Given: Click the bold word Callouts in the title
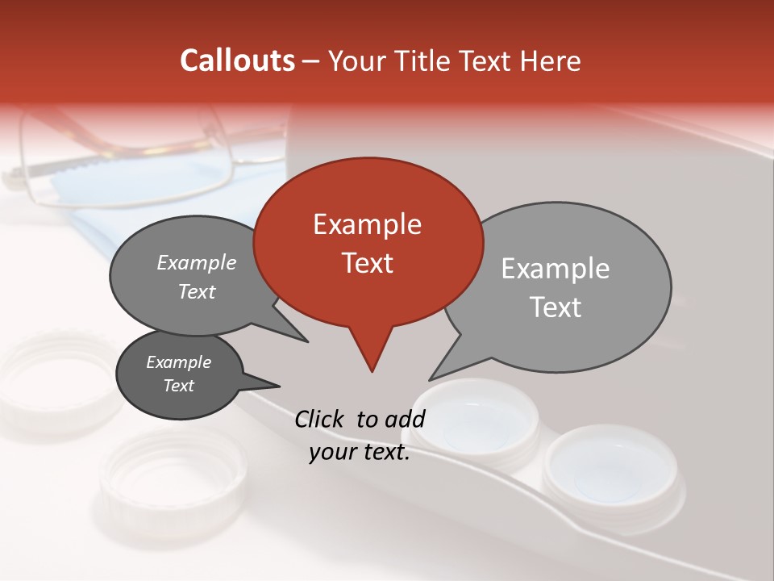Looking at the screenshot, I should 237,61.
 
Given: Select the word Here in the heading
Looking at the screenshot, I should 551,61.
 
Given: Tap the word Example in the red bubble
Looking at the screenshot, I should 367,224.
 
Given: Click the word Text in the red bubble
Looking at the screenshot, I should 367,263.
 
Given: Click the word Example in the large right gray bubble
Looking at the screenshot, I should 556,269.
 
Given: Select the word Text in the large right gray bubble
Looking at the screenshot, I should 556,307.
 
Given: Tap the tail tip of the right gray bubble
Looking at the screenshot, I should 431,378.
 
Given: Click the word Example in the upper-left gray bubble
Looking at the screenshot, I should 197,263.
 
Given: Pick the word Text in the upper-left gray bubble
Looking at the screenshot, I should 197,291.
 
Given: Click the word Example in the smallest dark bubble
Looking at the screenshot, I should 178,362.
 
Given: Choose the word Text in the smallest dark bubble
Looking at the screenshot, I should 178,386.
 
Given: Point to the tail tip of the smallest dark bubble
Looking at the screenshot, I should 279,385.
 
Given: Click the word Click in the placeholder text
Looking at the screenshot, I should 321,419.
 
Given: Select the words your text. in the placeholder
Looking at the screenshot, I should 360,453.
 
